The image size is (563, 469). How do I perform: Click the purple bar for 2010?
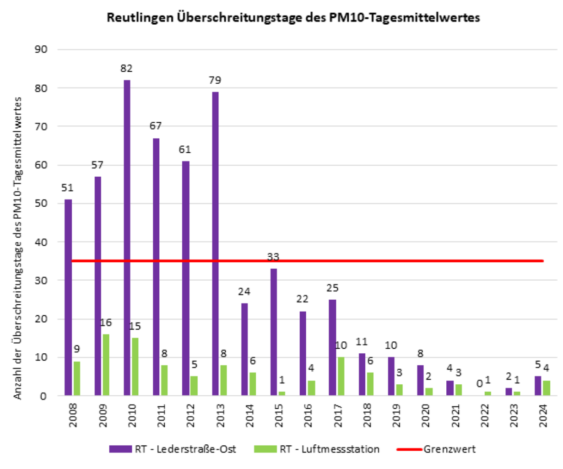click(127, 237)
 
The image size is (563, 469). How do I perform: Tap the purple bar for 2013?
click(215, 243)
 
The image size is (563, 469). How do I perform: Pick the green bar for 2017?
click(341, 376)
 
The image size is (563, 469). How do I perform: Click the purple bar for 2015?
click(274, 332)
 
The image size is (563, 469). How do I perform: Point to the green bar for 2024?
click(547, 388)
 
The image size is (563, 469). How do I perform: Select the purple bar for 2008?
click(68, 297)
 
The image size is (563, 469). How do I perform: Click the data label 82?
click(126, 69)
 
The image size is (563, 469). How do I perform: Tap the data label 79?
click(215, 81)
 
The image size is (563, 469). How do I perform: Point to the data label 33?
click(273, 257)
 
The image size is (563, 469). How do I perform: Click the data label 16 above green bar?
click(106, 323)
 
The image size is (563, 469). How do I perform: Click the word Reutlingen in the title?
click(140, 17)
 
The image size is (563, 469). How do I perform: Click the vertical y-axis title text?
click(18, 247)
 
